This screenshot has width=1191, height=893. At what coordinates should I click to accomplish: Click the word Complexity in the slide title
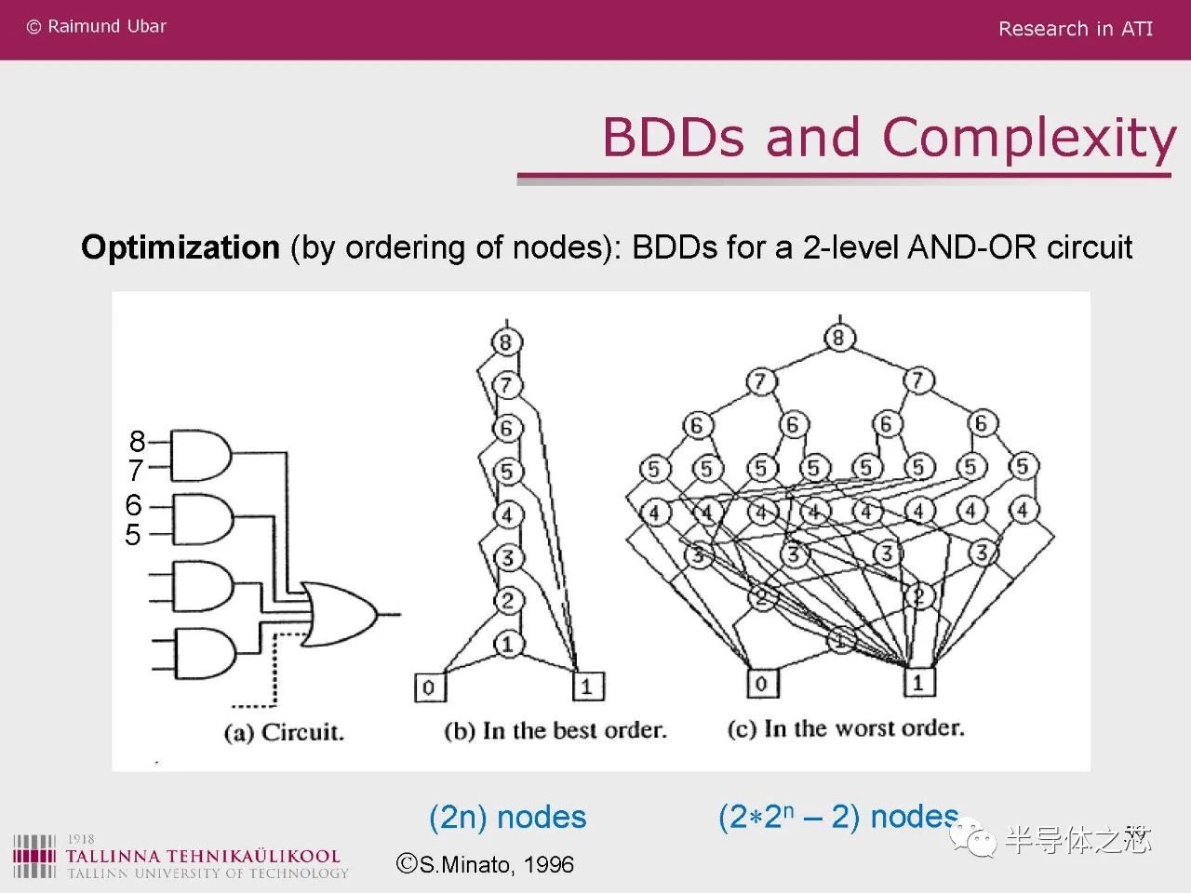click(1029, 138)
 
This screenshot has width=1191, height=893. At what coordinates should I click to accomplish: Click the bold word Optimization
click(181, 247)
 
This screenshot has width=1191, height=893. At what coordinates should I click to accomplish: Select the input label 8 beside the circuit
click(138, 441)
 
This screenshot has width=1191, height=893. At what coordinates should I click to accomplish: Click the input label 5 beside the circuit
click(133, 535)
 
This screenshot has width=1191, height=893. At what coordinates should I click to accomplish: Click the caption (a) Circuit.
click(284, 732)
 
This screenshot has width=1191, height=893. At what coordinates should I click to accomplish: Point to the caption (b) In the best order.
click(555, 730)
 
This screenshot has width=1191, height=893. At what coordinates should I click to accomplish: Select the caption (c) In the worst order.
click(845, 728)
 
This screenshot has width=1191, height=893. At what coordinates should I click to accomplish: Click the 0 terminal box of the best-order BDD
click(429, 687)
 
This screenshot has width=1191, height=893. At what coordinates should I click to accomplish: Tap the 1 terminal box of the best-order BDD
click(587, 686)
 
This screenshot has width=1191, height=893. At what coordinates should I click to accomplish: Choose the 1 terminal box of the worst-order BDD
click(918, 683)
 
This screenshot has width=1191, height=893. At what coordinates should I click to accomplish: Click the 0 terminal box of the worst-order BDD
click(762, 684)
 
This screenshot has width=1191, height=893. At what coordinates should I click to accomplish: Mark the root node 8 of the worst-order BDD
click(838, 338)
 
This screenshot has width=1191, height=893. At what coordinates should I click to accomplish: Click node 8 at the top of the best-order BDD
click(505, 341)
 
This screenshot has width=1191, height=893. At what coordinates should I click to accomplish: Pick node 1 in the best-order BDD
click(507, 643)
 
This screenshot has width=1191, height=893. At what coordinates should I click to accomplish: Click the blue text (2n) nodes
click(507, 817)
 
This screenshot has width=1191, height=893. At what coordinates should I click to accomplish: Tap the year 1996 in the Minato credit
click(548, 865)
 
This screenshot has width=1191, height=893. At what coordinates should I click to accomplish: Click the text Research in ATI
click(1075, 29)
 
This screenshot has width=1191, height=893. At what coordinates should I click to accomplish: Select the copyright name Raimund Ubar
click(106, 27)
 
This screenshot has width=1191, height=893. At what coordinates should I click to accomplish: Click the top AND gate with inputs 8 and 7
click(199, 455)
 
